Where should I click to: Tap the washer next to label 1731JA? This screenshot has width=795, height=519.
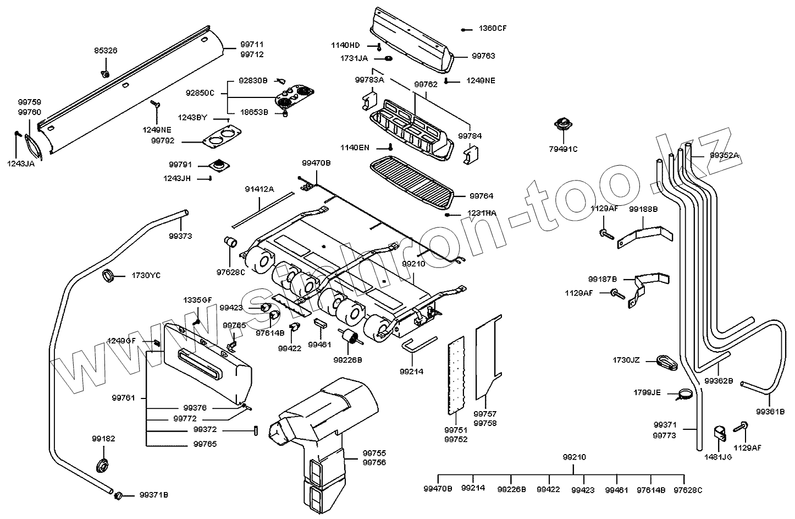click(x=388, y=58)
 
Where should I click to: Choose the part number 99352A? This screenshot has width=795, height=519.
click(x=725, y=156)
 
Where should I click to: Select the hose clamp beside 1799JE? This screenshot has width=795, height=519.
click(x=686, y=394)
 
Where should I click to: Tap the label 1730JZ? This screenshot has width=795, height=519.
click(x=626, y=360)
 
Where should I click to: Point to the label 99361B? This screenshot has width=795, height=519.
click(x=770, y=411)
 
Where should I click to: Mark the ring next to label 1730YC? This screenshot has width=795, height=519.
click(x=109, y=275)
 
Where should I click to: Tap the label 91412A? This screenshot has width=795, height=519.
click(x=260, y=189)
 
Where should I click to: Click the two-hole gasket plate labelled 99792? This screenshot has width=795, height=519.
click(x=220, y=136)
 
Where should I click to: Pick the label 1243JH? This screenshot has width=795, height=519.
click(x=177, y=178)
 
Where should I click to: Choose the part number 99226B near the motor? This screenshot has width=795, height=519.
click(x=347, y=360)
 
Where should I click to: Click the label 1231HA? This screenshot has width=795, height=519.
click(x=482, y=213)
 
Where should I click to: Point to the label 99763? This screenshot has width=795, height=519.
click(x=483, y=56)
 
